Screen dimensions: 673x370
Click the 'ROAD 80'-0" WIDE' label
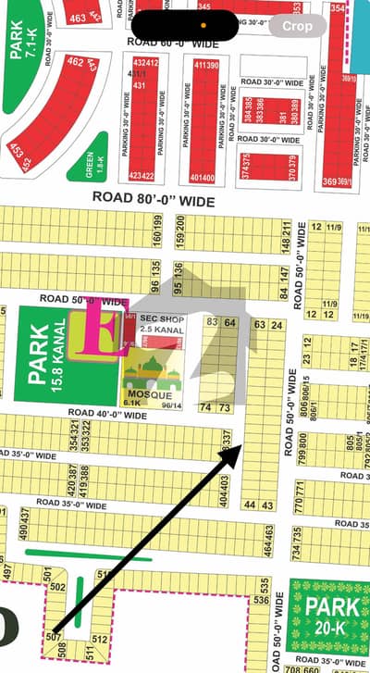153,199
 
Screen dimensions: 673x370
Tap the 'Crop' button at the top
297,27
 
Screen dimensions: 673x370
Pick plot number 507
54,638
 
